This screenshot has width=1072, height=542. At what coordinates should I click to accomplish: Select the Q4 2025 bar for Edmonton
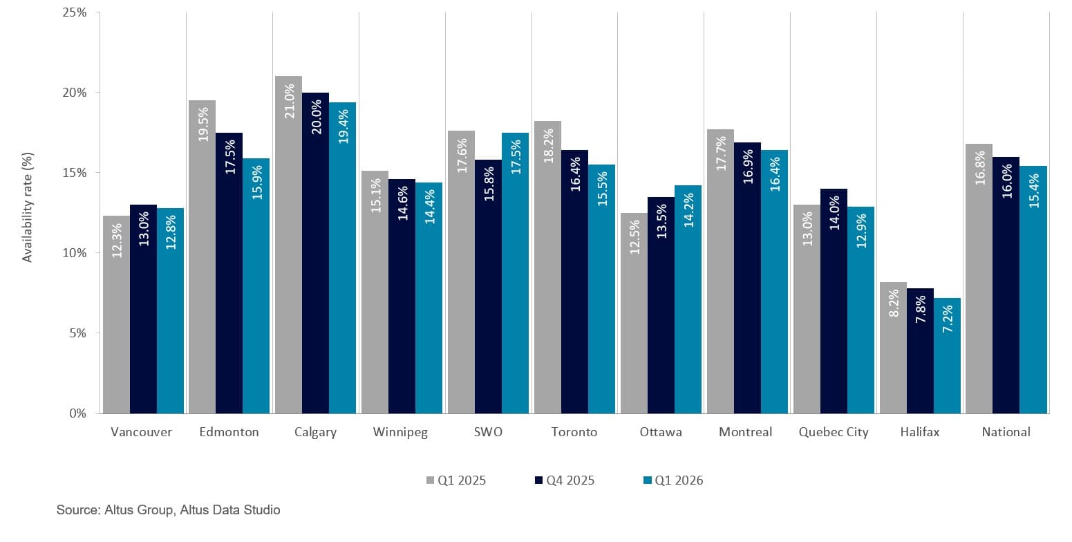tap(229, 273)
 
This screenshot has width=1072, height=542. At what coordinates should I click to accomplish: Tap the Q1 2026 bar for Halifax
tap(947, 355)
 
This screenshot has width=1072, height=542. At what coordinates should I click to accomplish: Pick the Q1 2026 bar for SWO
tap(515, 273)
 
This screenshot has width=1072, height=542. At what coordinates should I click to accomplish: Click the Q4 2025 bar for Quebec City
tap(834, 301)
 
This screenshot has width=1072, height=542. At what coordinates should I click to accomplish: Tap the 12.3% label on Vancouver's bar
tap(116, 240)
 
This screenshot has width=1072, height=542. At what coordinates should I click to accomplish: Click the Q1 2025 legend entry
tap(456, 480)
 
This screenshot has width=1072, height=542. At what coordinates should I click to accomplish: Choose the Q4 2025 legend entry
tap(565, 480)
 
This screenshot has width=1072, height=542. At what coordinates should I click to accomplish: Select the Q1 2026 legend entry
tap(673, 480)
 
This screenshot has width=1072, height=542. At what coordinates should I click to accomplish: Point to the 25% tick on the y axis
tap(74, 12)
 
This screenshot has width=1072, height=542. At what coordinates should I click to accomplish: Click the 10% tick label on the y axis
tap(74, 253)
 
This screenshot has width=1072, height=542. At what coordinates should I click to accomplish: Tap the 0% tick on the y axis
tap(77, 413)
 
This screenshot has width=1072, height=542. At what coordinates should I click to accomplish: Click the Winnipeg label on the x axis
tap(400, 432)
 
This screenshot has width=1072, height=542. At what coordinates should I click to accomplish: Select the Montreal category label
tap(745, 432)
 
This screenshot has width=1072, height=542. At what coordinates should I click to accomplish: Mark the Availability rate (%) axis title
tap(28, 213)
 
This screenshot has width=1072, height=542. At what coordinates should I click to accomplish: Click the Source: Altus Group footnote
tap(168, 510)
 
